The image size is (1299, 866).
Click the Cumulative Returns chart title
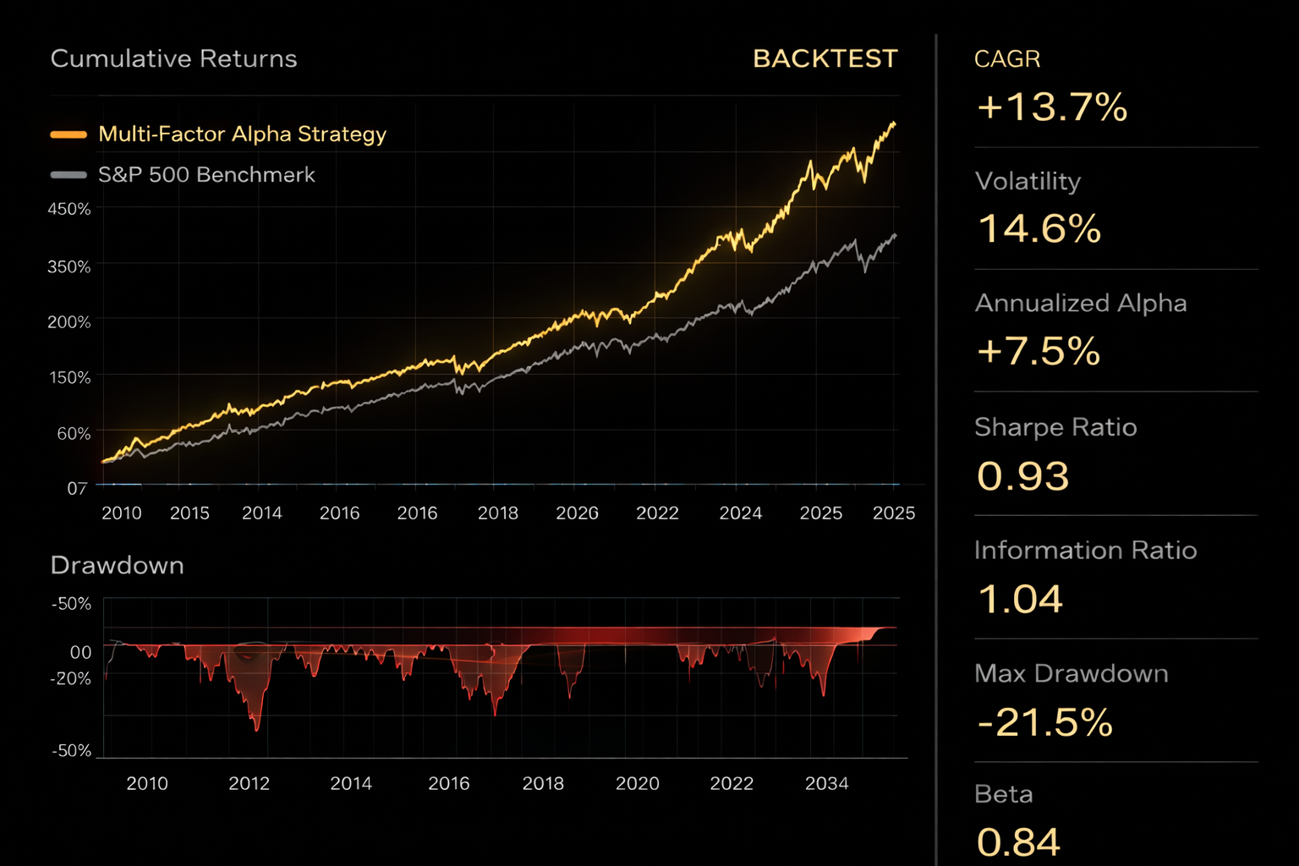point(173,58)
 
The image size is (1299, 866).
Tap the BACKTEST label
point(825,58)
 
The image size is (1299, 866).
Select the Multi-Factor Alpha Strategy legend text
point(242,134)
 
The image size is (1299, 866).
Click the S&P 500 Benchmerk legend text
point(206,174)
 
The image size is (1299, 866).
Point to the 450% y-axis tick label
point(69,209)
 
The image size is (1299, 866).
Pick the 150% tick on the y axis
point(69,377)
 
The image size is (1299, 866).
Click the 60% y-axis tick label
point(74,434)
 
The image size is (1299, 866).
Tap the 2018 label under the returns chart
point(497,512)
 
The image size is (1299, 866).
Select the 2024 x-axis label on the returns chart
point(740,512)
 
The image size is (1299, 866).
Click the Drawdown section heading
point(117,565)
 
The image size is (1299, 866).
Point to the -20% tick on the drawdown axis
point(71,678)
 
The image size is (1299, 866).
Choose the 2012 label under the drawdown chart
point(249,783)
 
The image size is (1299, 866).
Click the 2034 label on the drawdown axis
point(826,783)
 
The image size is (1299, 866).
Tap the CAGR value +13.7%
point(1051,107)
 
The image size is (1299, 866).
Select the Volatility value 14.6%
point(1039,229)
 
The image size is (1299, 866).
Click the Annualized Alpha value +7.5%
point(1039,351)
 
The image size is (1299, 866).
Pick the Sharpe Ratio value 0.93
point(1022,476)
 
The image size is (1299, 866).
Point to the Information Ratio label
point(1085,551)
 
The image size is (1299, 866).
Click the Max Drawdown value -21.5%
point(1044,722)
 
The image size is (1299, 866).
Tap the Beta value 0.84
point(1017,842)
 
